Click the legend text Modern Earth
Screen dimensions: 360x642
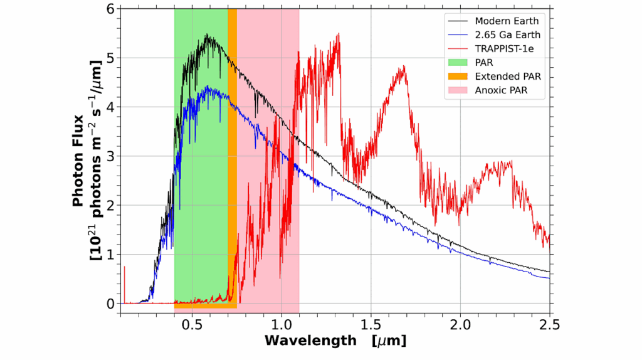pos(506,21)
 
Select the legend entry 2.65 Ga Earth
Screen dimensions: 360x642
pos(507,35)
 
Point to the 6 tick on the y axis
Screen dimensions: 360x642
pos(110,9)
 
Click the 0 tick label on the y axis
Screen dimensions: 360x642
pos(110,304)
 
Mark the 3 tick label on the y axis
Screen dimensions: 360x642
pos(110,157)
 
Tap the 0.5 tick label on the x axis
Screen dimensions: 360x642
pos(192,324)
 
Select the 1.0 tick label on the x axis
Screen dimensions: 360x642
pos(282,324)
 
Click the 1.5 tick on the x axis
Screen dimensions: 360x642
pos(371,324)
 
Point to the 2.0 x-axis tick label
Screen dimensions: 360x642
pos(461,324)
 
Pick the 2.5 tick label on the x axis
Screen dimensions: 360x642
pos(549,324)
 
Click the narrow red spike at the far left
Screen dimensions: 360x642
pos(124,268)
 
